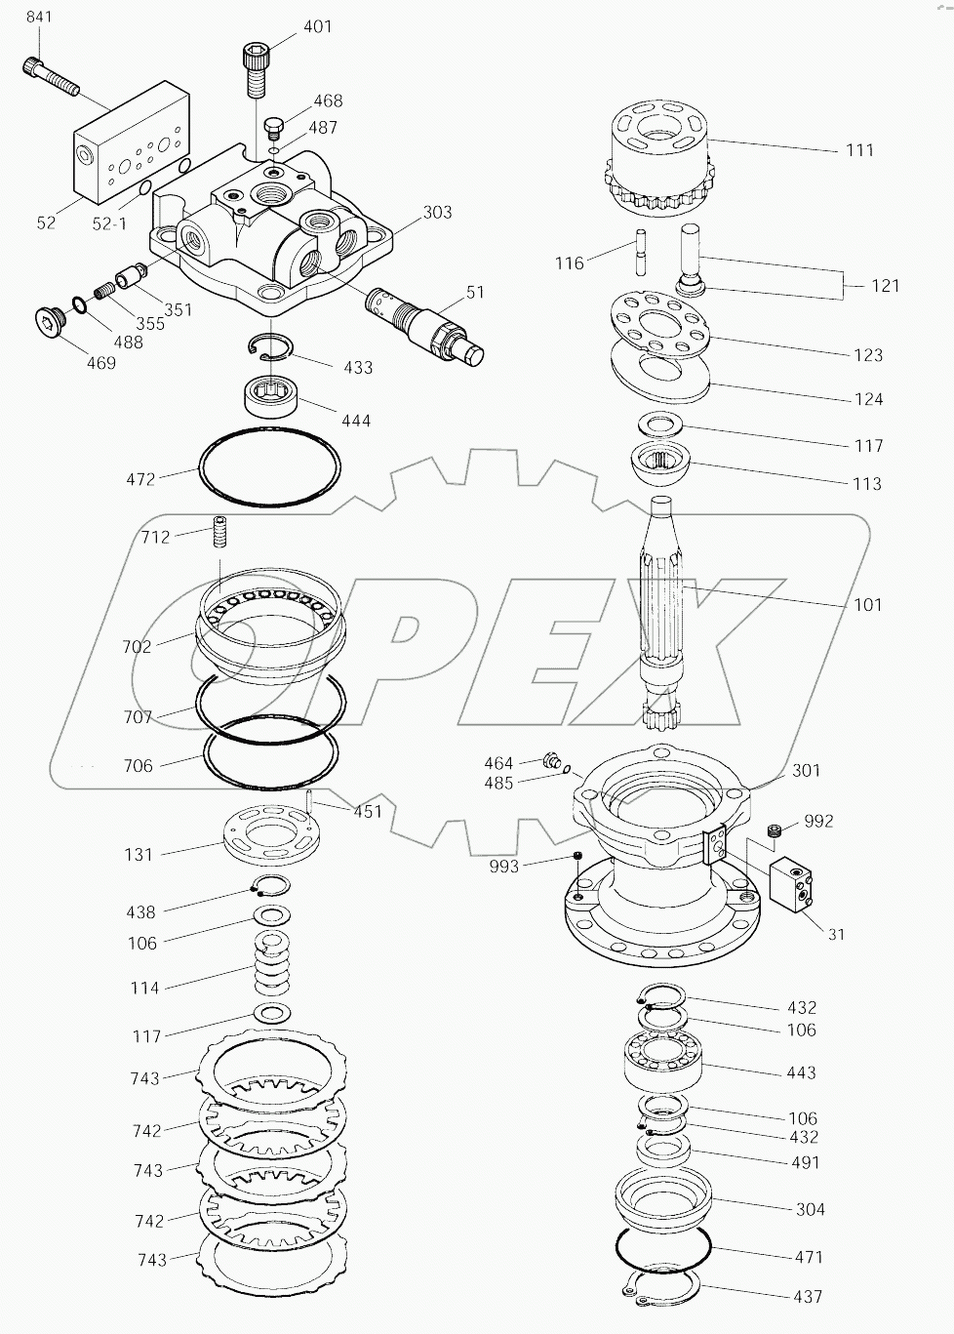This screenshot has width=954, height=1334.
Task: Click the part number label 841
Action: [39, 18]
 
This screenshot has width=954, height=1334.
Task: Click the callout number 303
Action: [437, 212]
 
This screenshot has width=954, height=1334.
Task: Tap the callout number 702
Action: [138, 646]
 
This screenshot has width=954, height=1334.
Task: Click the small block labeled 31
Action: [795, 885]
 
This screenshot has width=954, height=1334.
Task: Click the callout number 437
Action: [808, 1297]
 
